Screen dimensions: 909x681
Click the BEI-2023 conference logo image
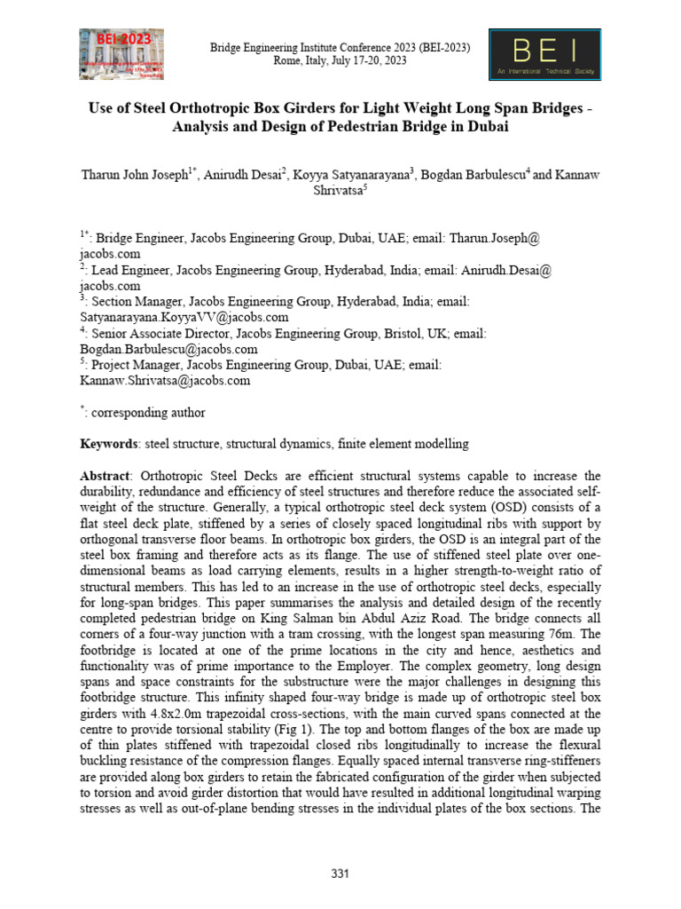121,55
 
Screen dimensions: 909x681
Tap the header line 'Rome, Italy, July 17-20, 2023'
340,60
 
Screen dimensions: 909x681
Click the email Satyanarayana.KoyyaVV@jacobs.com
184,317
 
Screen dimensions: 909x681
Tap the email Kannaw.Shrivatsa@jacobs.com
165,380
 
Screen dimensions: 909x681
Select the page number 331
340,874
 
